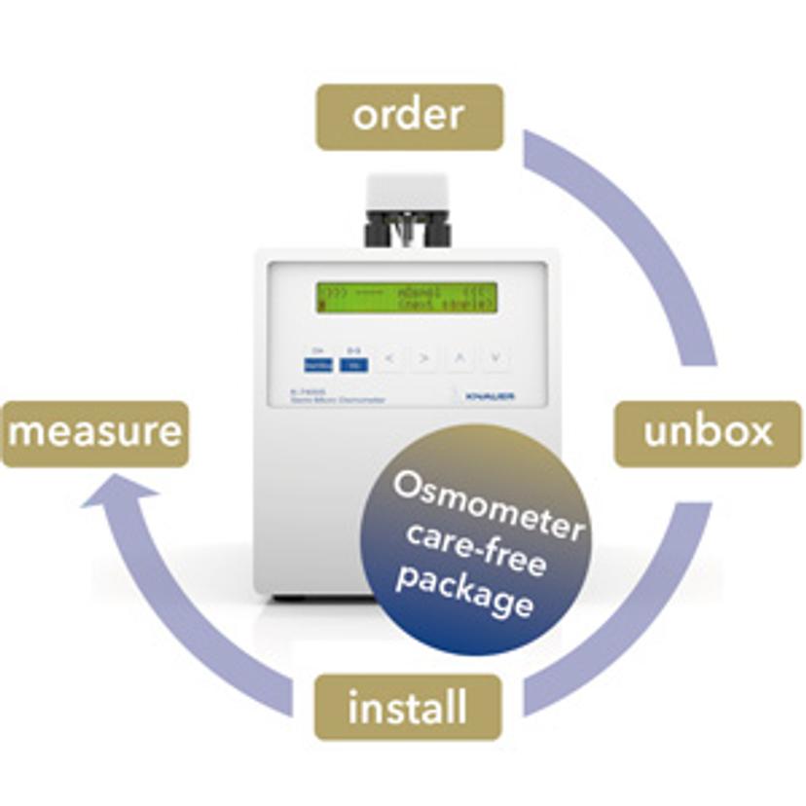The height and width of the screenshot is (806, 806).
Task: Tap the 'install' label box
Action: click(407, 708)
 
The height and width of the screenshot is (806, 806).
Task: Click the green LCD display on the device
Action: click(406, 297)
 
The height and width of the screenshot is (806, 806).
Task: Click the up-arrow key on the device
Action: click(460, 359)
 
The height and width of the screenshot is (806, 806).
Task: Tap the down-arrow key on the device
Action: click(496, 359)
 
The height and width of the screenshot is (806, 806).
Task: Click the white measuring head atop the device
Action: click(408, 195)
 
